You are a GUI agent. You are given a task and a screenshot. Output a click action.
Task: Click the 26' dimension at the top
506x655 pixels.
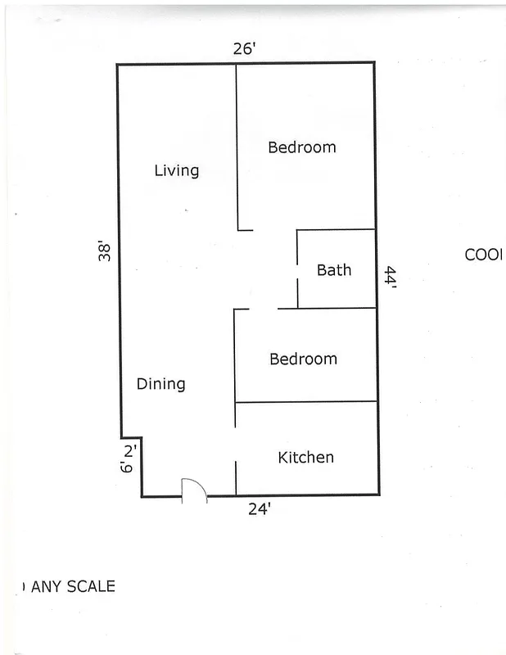tap(245, 49)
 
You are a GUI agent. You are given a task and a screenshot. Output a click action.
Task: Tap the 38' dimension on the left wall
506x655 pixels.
tap(104, 251)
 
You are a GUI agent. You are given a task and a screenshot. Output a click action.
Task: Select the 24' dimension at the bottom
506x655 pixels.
tap(260, 509)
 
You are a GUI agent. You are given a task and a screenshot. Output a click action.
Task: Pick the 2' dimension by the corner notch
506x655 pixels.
tap(129, 449)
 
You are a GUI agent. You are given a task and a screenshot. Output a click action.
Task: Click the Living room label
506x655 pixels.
tap(177, 170)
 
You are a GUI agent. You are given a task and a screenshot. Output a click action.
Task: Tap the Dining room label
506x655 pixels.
tap(160, 384)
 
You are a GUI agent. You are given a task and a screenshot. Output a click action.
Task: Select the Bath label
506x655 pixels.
tap(334, 269)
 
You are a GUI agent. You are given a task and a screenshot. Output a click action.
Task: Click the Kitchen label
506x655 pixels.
tap(305, 457)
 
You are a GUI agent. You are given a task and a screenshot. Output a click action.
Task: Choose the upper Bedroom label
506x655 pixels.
tap(302, 147)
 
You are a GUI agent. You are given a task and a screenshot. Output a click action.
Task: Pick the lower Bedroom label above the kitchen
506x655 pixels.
tap(303, 359)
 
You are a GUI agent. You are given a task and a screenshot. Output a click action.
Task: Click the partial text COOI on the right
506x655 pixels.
tap(483, 255)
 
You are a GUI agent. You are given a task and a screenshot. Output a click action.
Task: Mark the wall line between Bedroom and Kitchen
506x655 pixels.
tap(305, 402)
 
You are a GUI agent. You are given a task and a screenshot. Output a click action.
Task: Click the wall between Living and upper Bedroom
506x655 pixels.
tap(237, 147)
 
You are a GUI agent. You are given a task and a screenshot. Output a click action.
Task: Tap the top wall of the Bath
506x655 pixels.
tap(336, 230)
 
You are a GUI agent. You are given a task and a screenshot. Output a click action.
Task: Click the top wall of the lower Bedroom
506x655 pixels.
tap(328, 309)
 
